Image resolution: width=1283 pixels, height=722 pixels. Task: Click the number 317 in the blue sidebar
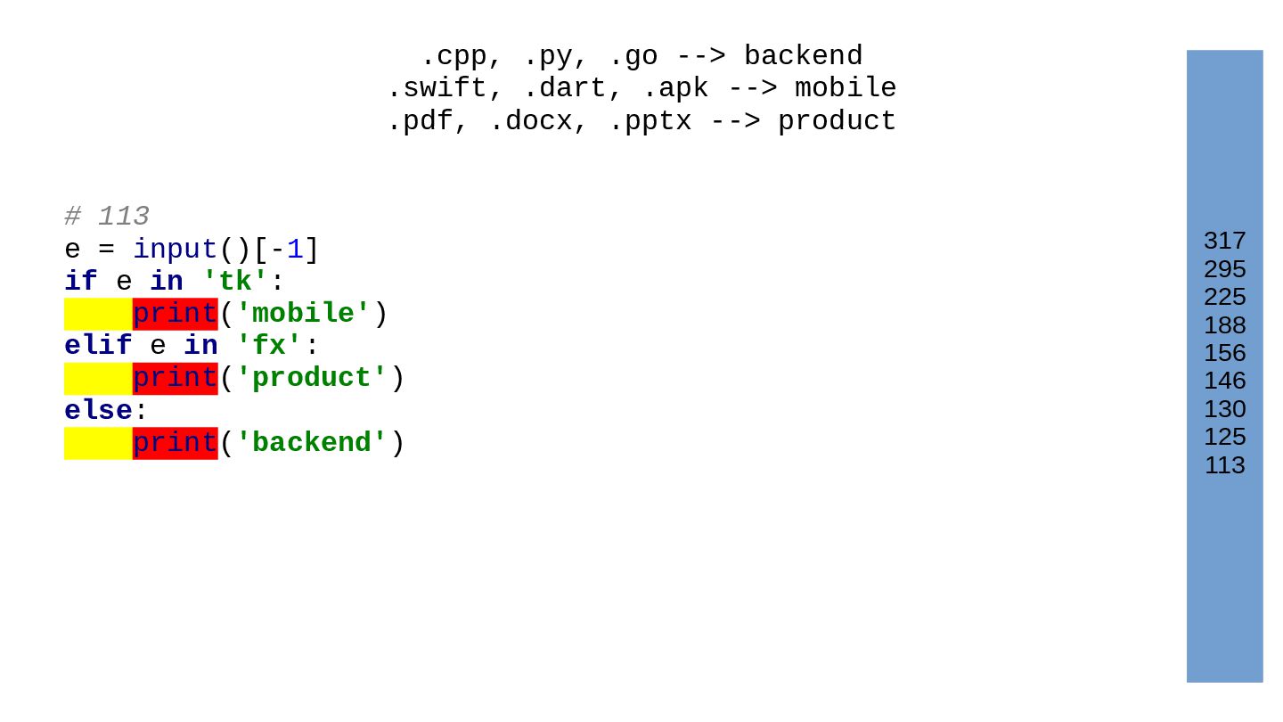coord(1224,241)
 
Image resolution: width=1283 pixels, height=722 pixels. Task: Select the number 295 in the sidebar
coord(1224,269)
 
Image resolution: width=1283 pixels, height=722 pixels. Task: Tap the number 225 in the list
coord(1224,297)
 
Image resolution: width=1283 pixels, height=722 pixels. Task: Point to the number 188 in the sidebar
coord(1224,325)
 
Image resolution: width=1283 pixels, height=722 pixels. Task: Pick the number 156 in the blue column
coord(1224,353)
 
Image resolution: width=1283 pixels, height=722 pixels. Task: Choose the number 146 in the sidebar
coord(1224,381)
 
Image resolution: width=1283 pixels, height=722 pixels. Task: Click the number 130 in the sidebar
coord(1224,409)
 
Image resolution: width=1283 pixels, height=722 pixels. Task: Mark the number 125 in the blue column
coord(1224,437)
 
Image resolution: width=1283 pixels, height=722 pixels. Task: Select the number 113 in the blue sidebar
coord(1224,465)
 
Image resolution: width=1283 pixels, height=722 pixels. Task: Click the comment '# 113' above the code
coord(107,217)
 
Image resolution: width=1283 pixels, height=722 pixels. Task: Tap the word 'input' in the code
coord(175,250)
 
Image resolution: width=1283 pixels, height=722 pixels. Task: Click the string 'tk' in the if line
coord(235,282)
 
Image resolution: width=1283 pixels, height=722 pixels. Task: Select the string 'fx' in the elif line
coord(269,346)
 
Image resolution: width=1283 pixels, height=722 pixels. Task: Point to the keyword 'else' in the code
coord(98,411)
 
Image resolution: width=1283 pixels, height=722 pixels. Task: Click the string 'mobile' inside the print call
coord(303,314)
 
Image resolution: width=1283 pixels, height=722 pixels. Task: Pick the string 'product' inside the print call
coord(312,378)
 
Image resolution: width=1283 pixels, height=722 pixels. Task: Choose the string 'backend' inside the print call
coord(312,443)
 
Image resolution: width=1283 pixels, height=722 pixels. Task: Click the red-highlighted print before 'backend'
coord(175,443)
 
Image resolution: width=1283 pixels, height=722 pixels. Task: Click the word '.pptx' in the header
coord(650,121)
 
